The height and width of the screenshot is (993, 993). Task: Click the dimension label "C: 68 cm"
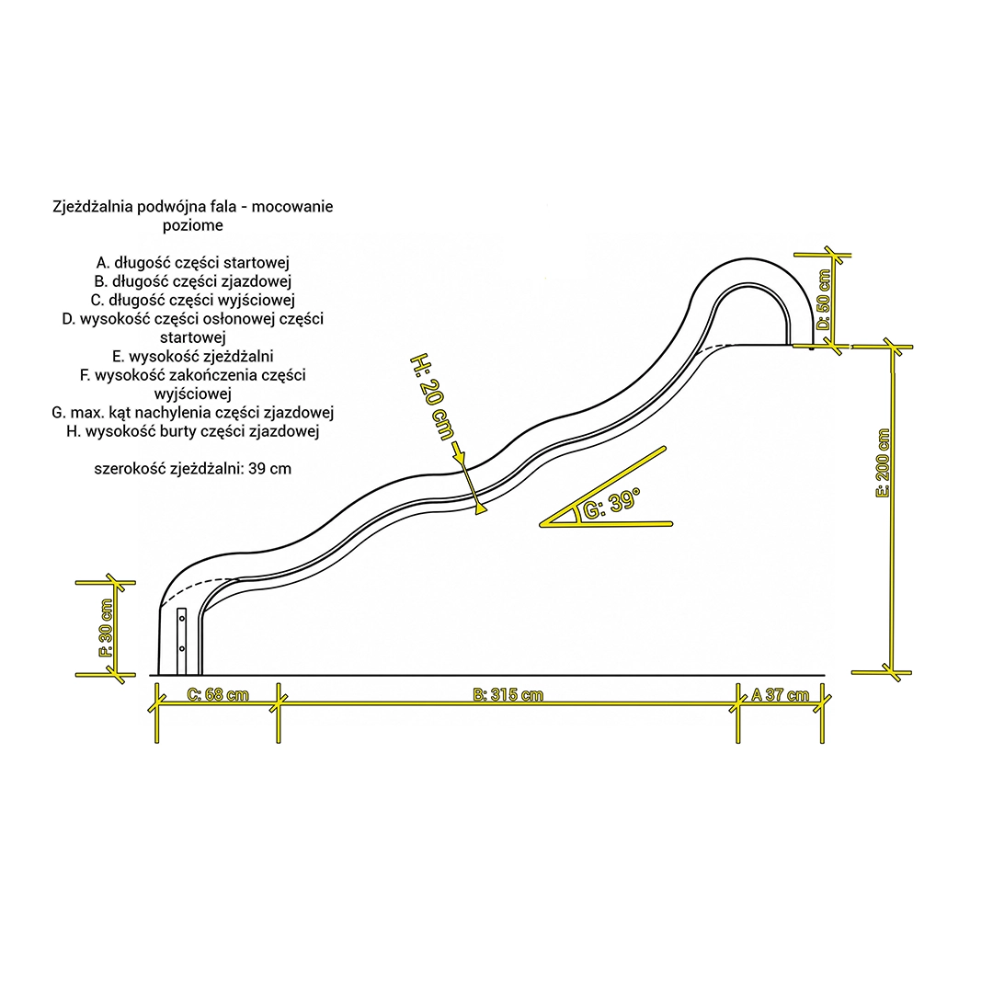pyautogui.click(x=219, y=694)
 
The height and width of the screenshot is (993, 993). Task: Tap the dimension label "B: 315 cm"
pyautogui.click(x=508, y=694)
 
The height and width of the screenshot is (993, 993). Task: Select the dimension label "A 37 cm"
pyautogui.click(x=780, y=695)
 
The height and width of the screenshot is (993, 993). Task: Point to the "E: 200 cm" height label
pyautogui.click(x=883, y=462)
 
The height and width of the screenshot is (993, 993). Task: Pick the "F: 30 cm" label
pyautogui.click(x=107, y=628)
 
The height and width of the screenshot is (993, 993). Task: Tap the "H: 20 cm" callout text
pyautogui.click(x=432, y=397)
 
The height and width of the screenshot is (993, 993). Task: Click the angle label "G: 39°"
pyautogui.click(x=611, y=503)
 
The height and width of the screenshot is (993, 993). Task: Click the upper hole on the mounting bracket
pyautogui.click(x=182, y=618)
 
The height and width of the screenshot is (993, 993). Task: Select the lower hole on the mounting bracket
pyautogui.click(x=182, y=648)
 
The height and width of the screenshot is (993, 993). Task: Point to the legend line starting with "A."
pyautogui.click(x=193, y=263)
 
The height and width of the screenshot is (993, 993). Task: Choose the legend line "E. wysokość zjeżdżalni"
pyautogui.click(x=193, y=357)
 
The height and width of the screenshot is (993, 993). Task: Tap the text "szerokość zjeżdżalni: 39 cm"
pyautogui.click(x=193, y=469)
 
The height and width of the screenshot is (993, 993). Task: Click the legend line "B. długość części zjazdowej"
pyautogui.click(x=193, y=281)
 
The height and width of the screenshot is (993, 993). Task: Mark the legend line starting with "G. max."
pyautogui.click(x=193, y=413)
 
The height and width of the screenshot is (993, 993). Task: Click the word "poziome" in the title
pyautogui.click(x=193, y=225)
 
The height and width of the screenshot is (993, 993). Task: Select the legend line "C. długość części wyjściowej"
pyautogui.click(x=193, y=300)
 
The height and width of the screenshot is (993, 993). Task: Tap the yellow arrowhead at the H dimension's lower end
pyautogui.click(x=481, y=508)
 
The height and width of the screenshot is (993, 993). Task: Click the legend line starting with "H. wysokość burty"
pyautogui.click(x=193, y=431)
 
